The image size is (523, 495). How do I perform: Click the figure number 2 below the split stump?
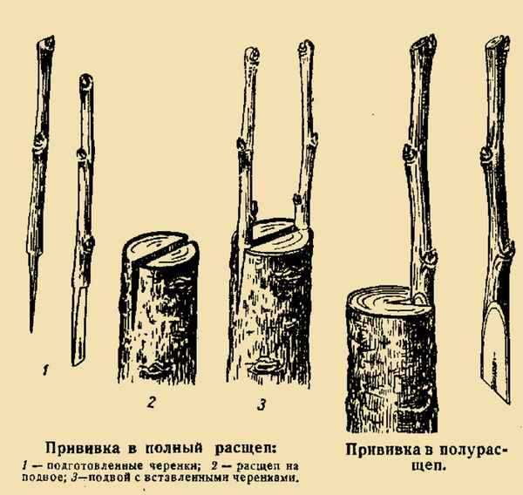(151, 403)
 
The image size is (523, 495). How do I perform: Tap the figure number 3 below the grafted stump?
(261, 403)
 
